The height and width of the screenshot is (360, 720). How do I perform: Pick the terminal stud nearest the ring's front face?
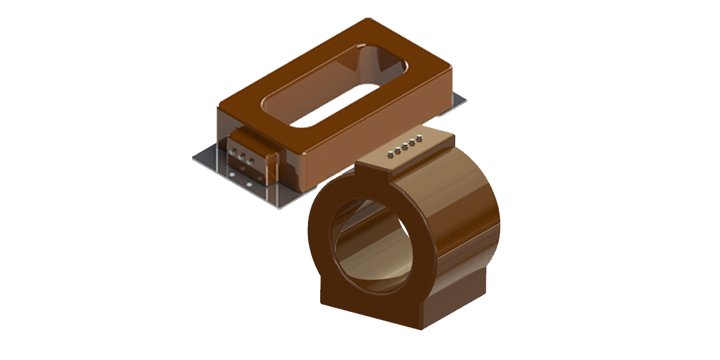389,154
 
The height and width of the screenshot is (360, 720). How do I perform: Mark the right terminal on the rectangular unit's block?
250,160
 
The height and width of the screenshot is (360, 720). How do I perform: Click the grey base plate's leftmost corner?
194,157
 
